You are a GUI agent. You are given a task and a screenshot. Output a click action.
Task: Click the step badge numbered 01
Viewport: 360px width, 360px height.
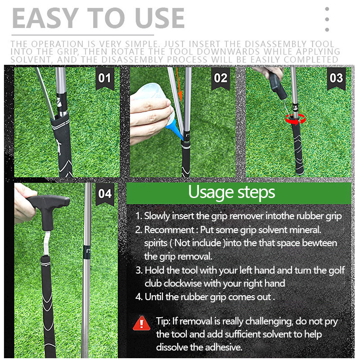(x=104, y=79)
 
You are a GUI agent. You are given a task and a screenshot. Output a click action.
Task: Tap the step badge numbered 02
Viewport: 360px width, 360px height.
(x=220, y=79)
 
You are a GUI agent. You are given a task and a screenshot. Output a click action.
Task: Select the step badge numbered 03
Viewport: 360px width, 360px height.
(x=336, y=79)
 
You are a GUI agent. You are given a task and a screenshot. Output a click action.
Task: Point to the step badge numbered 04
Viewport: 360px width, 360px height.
(x=104, y=194)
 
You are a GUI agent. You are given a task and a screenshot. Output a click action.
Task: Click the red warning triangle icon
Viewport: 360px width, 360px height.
(x=142, y=323)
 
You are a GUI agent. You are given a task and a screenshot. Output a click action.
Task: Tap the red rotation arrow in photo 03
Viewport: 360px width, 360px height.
(x=295, y=118)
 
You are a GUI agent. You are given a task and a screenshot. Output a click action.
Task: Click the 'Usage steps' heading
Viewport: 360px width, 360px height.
(x=231, y=192)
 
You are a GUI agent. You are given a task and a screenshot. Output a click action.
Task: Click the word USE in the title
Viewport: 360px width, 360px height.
(x=157, y=18)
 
